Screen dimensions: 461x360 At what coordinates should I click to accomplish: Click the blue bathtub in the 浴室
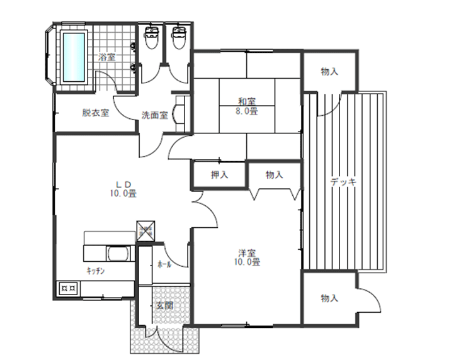tap(74, 57)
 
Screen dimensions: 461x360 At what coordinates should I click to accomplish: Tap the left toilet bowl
tap(152, 38)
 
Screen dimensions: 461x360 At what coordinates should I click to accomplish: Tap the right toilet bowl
tap(179, 38)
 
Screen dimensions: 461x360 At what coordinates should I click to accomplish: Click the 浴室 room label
tap(106, 57)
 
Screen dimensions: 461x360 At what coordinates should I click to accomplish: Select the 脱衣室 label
tap(96, 113)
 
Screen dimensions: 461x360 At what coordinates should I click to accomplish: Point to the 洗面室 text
tap(155, 115)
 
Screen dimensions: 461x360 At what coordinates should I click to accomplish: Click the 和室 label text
tap(247, 102)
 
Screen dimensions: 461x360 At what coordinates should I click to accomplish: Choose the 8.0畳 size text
tap(247, 111)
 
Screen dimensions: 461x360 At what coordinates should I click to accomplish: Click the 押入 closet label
tap(219, 175)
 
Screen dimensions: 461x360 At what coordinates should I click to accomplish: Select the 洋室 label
tap(247, 252)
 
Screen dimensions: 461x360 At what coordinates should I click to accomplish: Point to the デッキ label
tap(343, 183)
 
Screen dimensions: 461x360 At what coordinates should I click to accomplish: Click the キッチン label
tap(96, 271)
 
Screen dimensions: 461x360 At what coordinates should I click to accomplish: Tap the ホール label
tap(164, 264)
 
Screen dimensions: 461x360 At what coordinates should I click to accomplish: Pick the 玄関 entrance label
tap(164, 306)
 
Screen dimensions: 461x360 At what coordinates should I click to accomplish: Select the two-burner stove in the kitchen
tap(69, 289)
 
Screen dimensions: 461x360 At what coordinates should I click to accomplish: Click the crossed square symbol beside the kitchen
tap(145, 231)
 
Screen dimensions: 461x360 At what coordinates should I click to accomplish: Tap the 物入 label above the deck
tap(329, 71)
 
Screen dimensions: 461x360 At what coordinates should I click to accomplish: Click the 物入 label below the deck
tap(329, 298)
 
